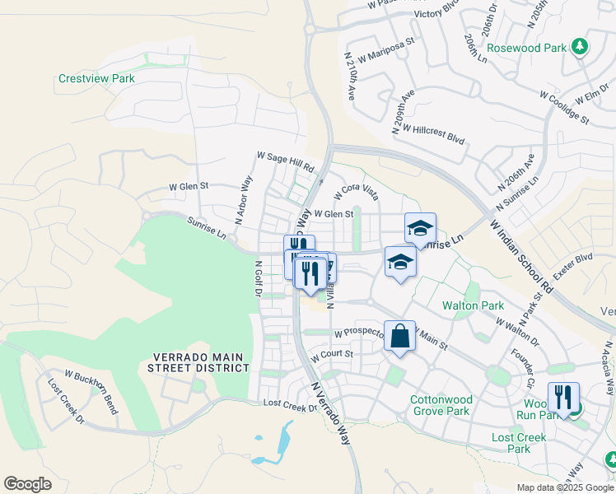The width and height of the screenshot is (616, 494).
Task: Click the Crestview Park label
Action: (x=96, y=79)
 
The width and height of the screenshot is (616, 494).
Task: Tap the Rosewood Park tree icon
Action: (x=581, y=46)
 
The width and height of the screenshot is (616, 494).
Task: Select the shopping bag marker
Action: (x=399, y=337)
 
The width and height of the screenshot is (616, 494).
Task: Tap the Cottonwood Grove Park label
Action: (x=440, y=405)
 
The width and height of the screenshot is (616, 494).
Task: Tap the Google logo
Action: (x=27, y=484)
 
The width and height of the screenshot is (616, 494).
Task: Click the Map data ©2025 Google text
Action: (x=563, y=487)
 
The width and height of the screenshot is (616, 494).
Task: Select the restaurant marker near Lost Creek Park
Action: (x=563, y=398)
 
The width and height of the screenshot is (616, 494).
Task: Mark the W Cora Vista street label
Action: (x=357, y=193)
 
